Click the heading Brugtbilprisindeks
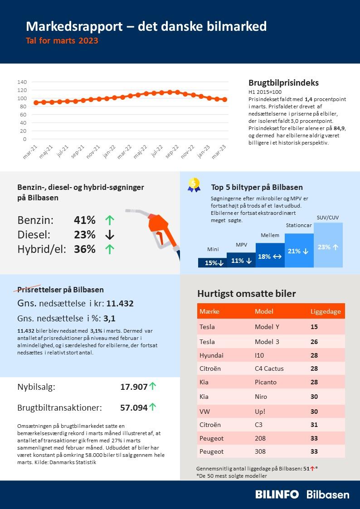pyautogui.click(x=283, y=83)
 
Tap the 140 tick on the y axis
pyautogui.click(x=22, y=82)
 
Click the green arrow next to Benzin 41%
pyautogui.click(x=109, y=220)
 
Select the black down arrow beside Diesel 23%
pyautogui.click(x=109, y=235)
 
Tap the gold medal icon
pyautogui.click(x=194, y=184)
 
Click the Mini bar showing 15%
pyautogui.click(x=212, y=262)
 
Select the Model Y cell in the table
pyautogui.click(x=267, y=327)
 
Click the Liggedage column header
pyautogui.click(x=325, y=311)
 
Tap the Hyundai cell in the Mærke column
pyautogui.click(x=211, y=355)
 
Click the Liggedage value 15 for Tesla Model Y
pyautogui.click(x=314, y=327)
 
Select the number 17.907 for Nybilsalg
pyautogui.click(x=134, y=387)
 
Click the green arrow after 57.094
pyautogui.click(x=153, y=407)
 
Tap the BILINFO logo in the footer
pyautogui.click(x=277, y=494)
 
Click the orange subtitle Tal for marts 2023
pyautogui.click(x=62, y=41)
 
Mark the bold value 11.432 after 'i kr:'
pyautogui.click(x=120, y=304)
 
